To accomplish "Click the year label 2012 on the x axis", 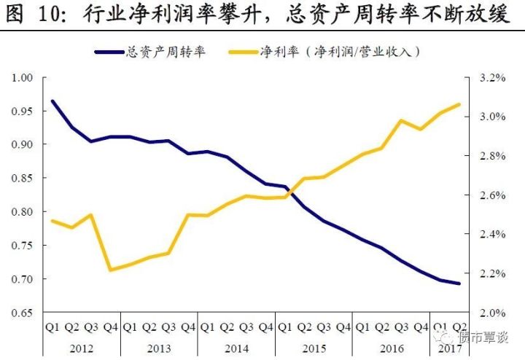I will coord(81,348).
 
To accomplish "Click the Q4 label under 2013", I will coord(188,326).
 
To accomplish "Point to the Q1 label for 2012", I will coord(52,326).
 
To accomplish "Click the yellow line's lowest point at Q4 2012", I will coord(111,270).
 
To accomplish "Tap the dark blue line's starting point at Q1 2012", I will coord(52,101).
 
